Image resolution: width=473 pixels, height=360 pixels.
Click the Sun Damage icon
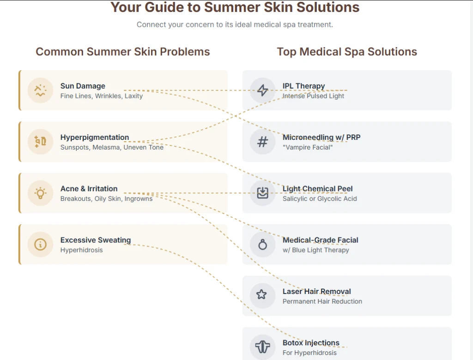(x=41, y=90)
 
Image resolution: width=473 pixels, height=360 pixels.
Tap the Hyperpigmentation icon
(x=41, y=141)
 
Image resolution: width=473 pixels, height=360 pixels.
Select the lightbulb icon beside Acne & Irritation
(x=41, y=193)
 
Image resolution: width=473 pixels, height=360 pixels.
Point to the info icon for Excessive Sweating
(x=41, y=244)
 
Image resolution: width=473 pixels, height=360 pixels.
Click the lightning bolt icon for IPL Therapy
(x=263, y=90)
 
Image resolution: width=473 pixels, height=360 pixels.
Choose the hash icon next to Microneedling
(x=263, y=142)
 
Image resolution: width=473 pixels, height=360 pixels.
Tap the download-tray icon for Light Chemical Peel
(x=263, y=193)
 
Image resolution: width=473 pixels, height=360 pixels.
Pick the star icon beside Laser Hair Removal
(x=261, y=294)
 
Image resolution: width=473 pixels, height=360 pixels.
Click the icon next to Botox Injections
(x=263, y=347)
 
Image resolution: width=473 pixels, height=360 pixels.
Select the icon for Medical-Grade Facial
(x=263, y=244)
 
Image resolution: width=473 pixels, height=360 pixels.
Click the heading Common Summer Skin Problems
(x=123, y=52)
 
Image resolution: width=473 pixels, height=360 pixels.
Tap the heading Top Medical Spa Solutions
(x=347, y=52)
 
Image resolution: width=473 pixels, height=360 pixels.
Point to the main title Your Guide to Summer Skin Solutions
(x=235, y=7)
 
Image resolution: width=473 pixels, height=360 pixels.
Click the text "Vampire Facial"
(x=308, y=147)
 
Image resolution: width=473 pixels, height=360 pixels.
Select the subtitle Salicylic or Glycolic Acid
(x=320, y=199)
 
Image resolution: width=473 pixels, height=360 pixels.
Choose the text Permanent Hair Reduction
(x=322, y=301)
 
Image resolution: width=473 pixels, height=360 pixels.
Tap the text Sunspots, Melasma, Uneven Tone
(x=112, y=147)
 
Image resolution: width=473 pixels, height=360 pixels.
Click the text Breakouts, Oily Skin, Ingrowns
(x=107, y=199)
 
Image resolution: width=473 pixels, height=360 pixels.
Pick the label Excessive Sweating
(x=96, y=240)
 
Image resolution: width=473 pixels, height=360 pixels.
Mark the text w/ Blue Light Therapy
(x=316, y=250)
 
